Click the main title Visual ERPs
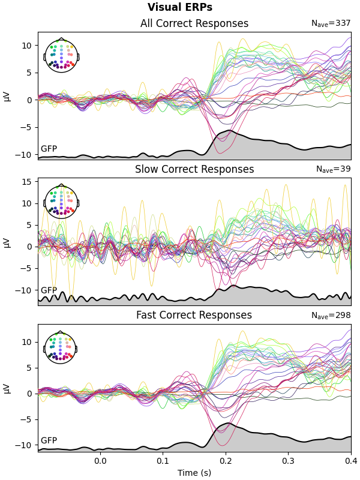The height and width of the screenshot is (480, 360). [x=180, y=8]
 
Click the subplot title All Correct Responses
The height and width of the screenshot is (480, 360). [x=194, y=24]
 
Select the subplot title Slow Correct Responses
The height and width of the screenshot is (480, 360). [x=194, y=170]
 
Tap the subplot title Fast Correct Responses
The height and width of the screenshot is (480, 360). [x=194, y=316]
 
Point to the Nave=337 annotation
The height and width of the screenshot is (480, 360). [x=331, y=23]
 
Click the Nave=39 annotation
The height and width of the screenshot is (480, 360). [x=333, y=169]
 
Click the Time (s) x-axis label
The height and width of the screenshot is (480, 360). [x=194, y=473]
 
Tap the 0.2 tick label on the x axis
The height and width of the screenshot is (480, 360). [x=226, y=461]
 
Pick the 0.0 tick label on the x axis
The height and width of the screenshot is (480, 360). [x=100, y=461]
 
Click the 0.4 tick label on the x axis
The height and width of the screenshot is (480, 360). [x=351, y=461]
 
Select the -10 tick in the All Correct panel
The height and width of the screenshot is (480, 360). [x=26, y=154]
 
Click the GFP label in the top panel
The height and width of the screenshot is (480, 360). [x=49, y=149]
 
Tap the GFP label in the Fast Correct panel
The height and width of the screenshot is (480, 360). [x=49, y=441]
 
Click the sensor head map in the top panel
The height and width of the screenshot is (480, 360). [x=61, y=56]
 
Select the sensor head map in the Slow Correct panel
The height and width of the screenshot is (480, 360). [x=61, y=202]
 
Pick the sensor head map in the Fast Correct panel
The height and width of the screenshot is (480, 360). [x=61, y=348]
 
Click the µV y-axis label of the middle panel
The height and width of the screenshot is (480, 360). [x=7, y=242]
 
